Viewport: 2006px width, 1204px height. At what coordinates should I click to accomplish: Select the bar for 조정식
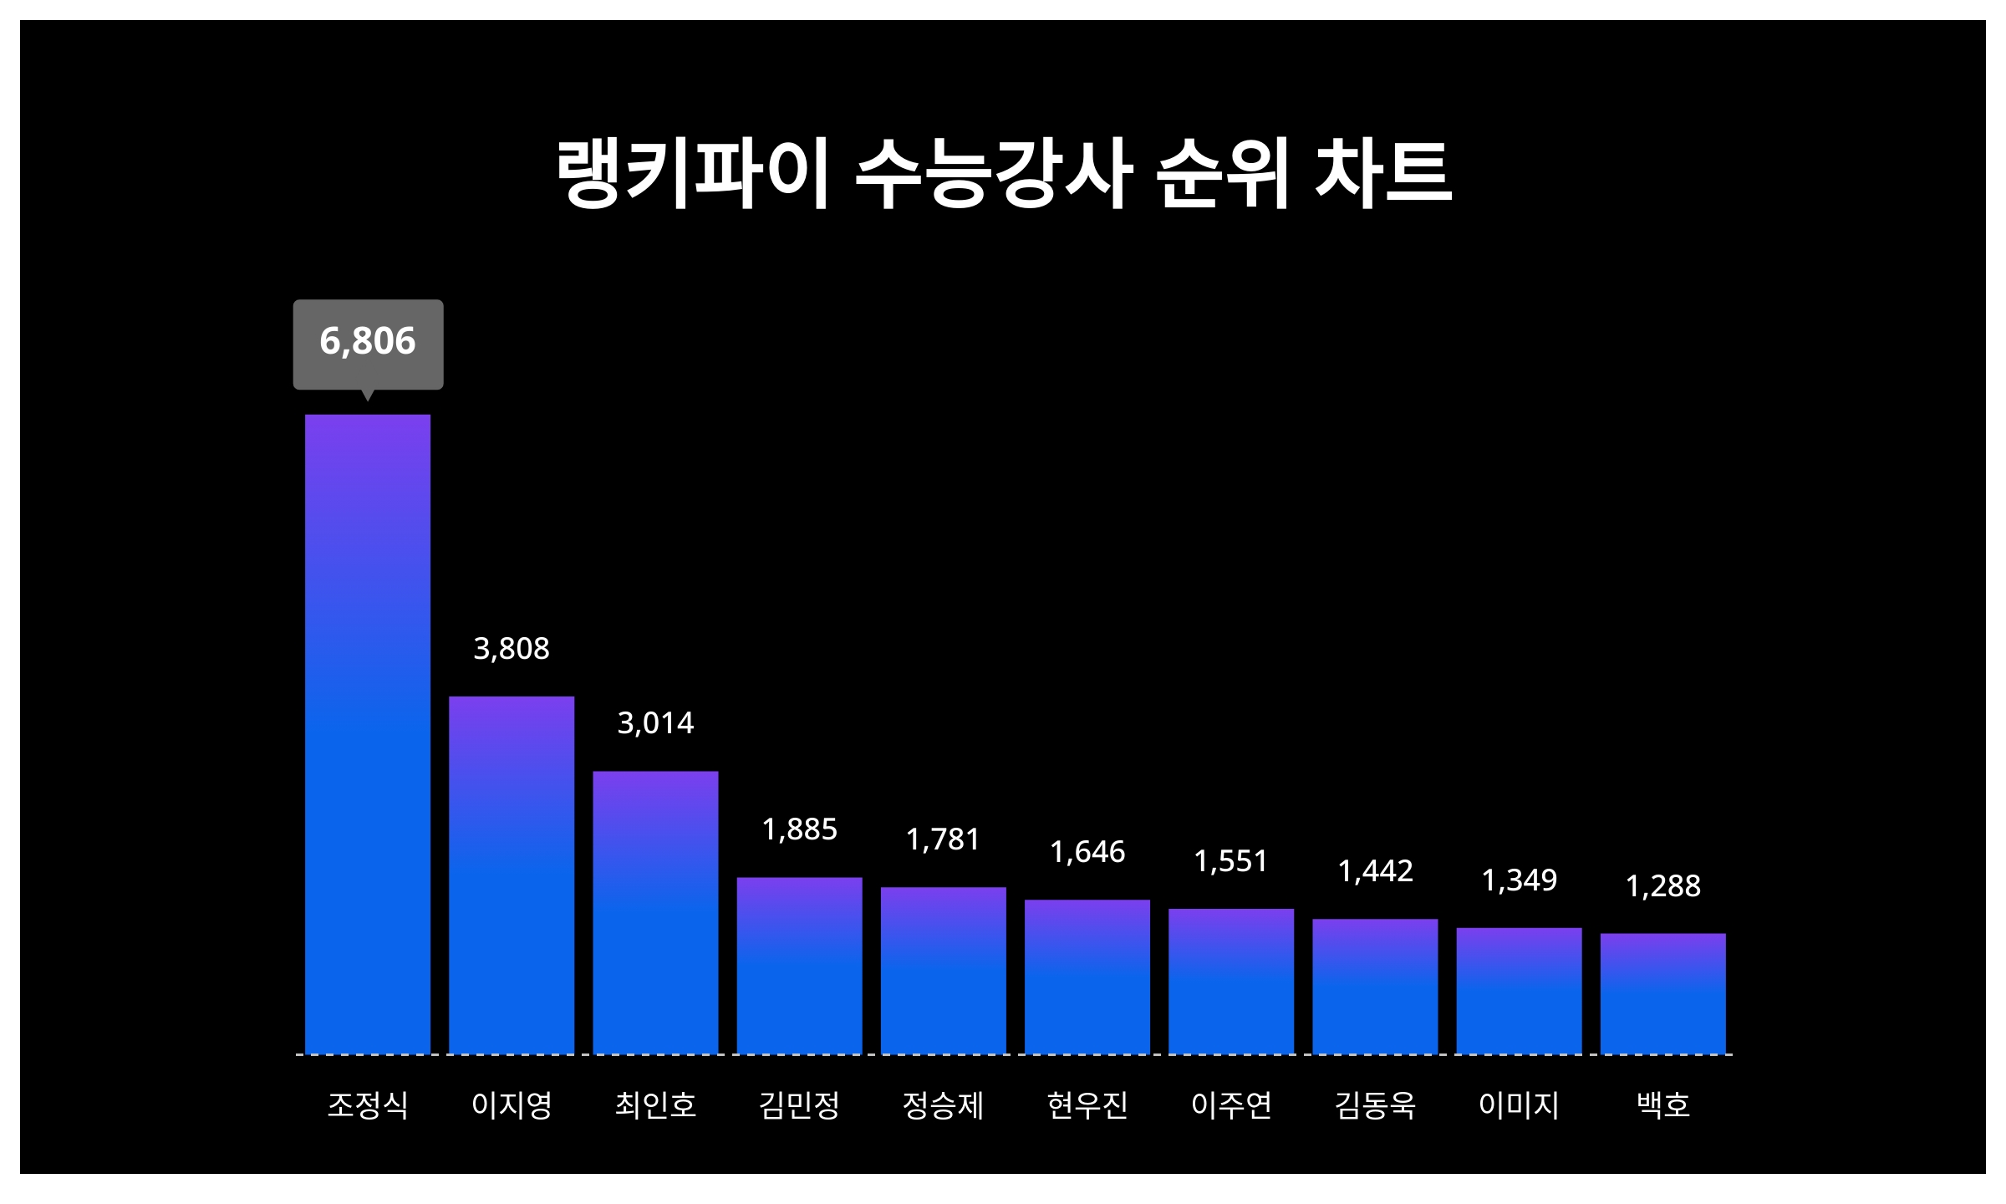(368, 734)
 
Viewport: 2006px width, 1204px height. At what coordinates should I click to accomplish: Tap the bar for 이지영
(512, 875)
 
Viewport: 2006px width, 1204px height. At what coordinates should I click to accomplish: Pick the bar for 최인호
(655, 912)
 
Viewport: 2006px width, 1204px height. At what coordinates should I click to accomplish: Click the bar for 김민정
(799, 966)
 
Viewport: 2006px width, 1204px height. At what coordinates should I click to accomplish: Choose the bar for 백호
(1663, 993)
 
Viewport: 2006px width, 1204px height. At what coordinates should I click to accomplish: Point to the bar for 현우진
(1087, 977)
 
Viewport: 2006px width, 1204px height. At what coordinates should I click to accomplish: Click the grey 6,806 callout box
(368, 344)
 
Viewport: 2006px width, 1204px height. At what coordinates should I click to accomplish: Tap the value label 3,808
(512, 649)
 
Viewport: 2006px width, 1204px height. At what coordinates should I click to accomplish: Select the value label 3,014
(655, 723)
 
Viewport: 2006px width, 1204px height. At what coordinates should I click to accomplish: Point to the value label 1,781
(943, 839)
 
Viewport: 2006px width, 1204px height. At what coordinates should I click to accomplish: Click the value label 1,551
(1231, 861)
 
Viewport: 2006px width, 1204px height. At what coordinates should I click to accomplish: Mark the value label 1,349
(1520, 880)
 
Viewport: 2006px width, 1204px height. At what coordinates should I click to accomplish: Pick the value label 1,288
(1663, 886)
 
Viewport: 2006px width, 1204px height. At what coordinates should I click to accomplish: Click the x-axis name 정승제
(943, 1105)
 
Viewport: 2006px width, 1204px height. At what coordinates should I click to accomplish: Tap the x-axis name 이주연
(1231, 1105)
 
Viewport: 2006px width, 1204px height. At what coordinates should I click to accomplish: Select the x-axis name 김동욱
(1375, 1105)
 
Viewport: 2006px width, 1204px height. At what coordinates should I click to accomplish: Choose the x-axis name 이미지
(1520, 1105)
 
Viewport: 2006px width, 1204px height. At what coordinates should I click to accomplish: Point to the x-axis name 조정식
(368, 1105)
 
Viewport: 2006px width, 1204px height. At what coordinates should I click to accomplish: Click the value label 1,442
(1375, 871)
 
